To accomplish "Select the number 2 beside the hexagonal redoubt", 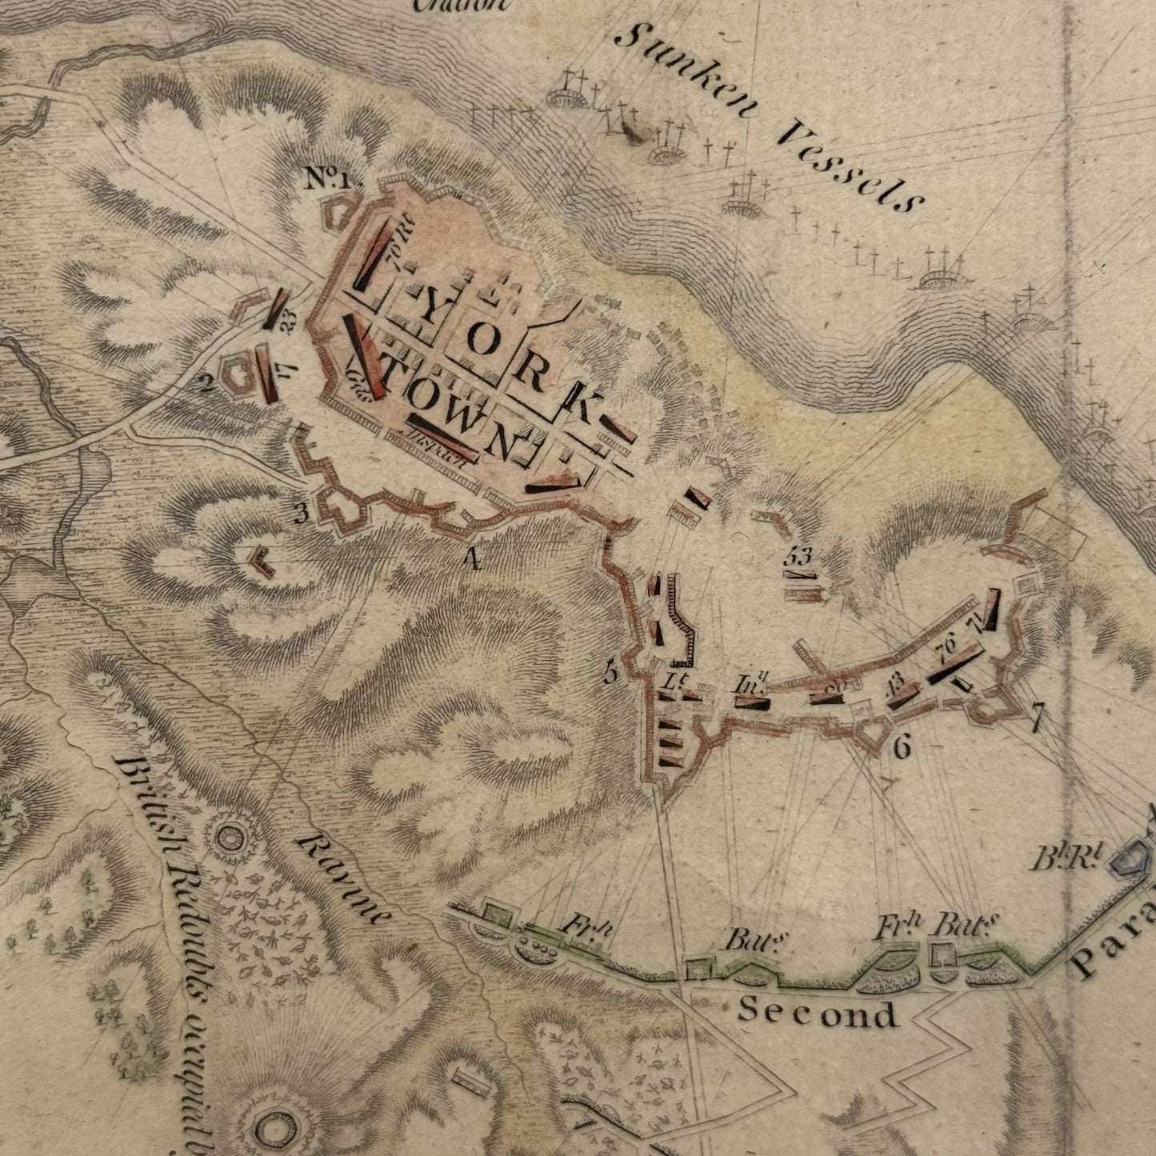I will [x=206, y=386].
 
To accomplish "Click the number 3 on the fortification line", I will [x=302, y=513].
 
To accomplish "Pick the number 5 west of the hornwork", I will [x=612, y=674].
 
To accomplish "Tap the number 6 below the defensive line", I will [x=902, y=747].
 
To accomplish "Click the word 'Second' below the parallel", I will [x=817, y=1013].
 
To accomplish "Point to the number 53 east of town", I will [x=798, y=554].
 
